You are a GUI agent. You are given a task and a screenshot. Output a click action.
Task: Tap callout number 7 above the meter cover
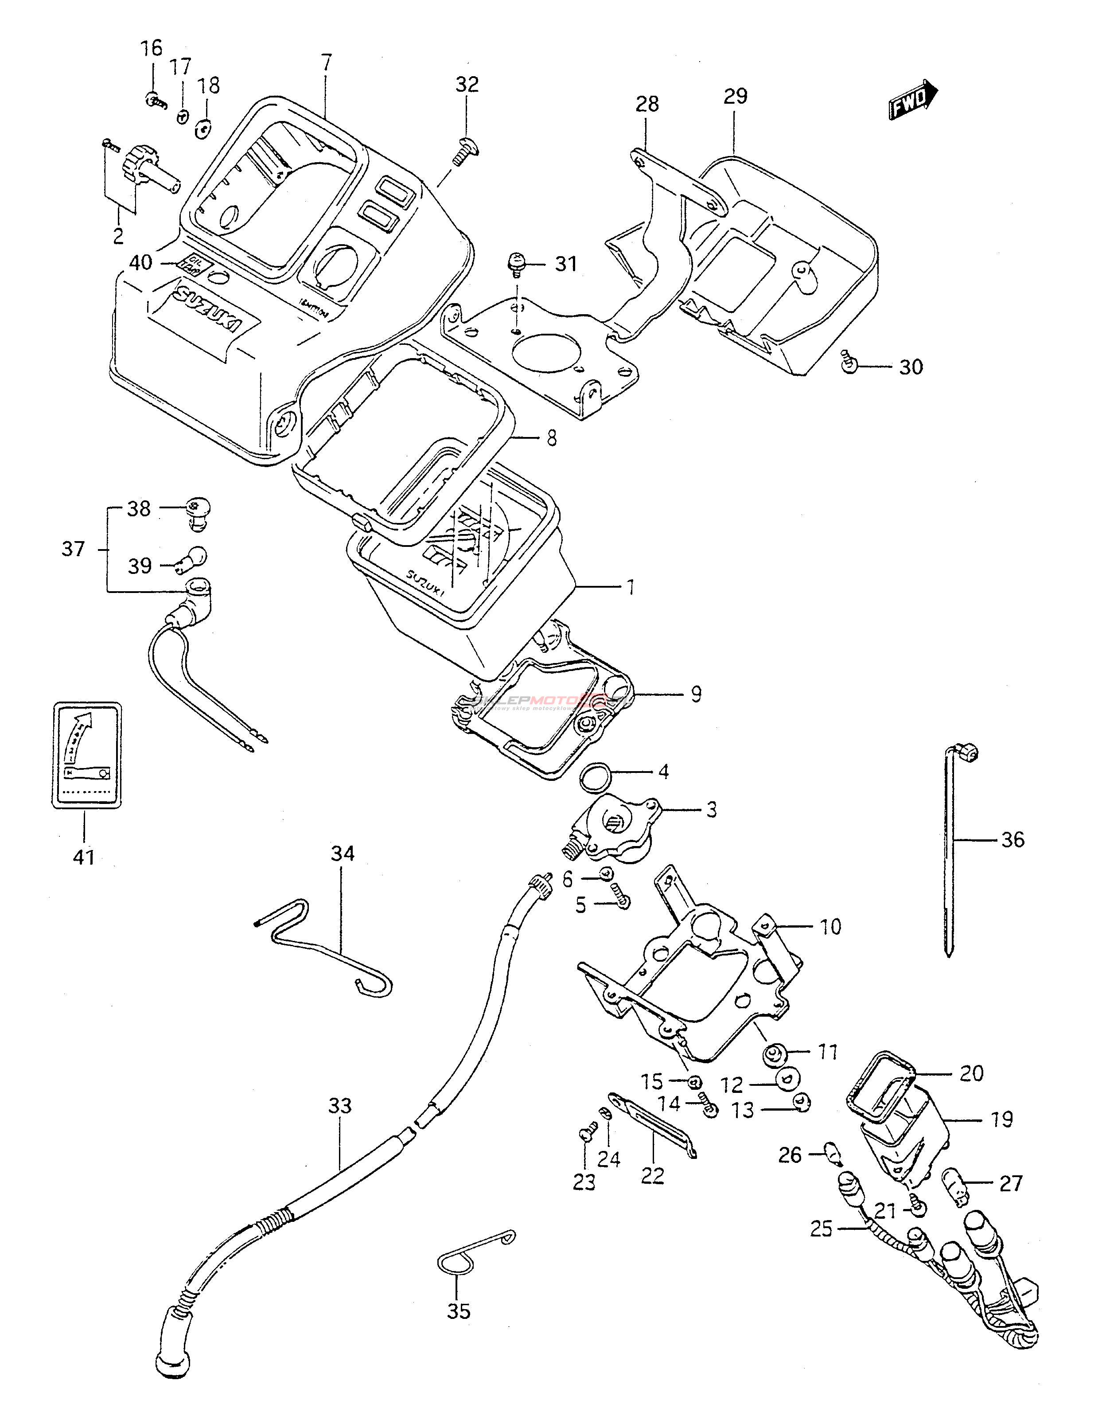[326, 63]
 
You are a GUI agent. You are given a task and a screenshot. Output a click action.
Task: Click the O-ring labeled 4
[595, 777]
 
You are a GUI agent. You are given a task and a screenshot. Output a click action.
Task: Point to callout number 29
[735, 96]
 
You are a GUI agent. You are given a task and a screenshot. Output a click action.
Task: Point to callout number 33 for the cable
[339, 1105]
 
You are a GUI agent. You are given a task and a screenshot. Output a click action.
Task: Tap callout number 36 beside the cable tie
[1013, 840]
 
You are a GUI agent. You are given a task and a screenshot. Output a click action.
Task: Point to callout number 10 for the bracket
[830, 927]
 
